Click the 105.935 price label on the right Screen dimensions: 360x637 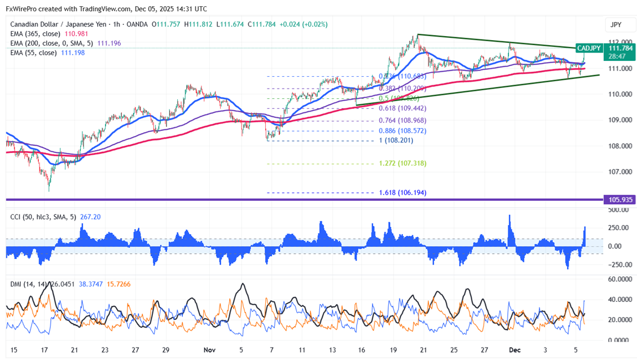coord(619,200)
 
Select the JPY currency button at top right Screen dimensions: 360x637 coord(616,25)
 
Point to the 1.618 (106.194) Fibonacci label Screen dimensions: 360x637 coord(402,192)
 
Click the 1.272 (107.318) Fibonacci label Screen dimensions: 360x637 coord(402,163)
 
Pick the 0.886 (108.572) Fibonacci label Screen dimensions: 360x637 coord(402,130)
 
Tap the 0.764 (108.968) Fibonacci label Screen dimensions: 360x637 coord(402,120)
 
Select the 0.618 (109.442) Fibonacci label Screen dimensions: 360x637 coord(402,108)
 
